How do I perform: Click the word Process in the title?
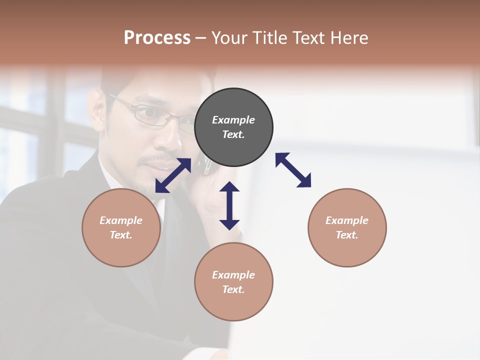point(157,38)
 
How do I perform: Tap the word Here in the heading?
point(347,38)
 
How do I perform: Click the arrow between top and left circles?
point(173,175)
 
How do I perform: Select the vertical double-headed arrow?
point(229,205)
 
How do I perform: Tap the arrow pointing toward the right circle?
point(293,170)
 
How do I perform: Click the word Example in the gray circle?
point(233,120)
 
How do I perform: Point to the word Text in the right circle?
point(347,235)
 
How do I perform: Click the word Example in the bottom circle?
point(233,275)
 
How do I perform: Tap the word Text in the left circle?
point(121,235)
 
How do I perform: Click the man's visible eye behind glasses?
point(147,114)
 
